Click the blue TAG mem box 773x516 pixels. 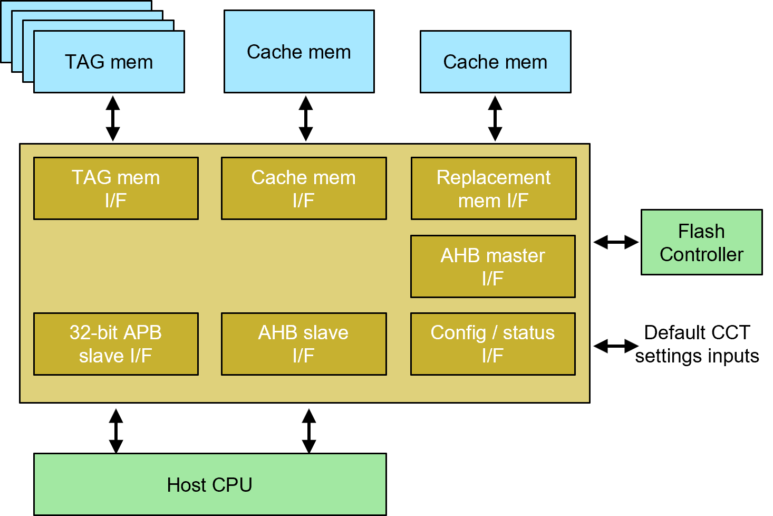point(109,62)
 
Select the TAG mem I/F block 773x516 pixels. point(116,188)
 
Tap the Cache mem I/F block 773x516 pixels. point(304,188)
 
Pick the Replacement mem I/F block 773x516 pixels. point(494,188)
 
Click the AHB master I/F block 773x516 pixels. point(493,266)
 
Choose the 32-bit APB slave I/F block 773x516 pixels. point(116,344)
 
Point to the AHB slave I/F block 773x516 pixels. point(304,344)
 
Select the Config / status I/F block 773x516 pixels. point(493,344)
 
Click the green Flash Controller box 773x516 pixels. point(702,242)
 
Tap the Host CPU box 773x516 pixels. point(210,484)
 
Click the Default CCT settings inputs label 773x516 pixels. point(697,344)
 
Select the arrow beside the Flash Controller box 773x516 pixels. point(616,242)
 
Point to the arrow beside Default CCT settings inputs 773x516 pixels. point(616,346)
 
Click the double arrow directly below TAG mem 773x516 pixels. point(113,119)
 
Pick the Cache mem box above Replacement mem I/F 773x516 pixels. point(496,62)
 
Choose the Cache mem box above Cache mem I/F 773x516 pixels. point(299,52)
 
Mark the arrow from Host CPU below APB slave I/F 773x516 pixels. point(116,431)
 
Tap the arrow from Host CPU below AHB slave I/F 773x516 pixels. point(309,431)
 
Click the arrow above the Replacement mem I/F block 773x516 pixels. point(495,119)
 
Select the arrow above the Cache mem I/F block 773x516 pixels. point(306,119)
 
